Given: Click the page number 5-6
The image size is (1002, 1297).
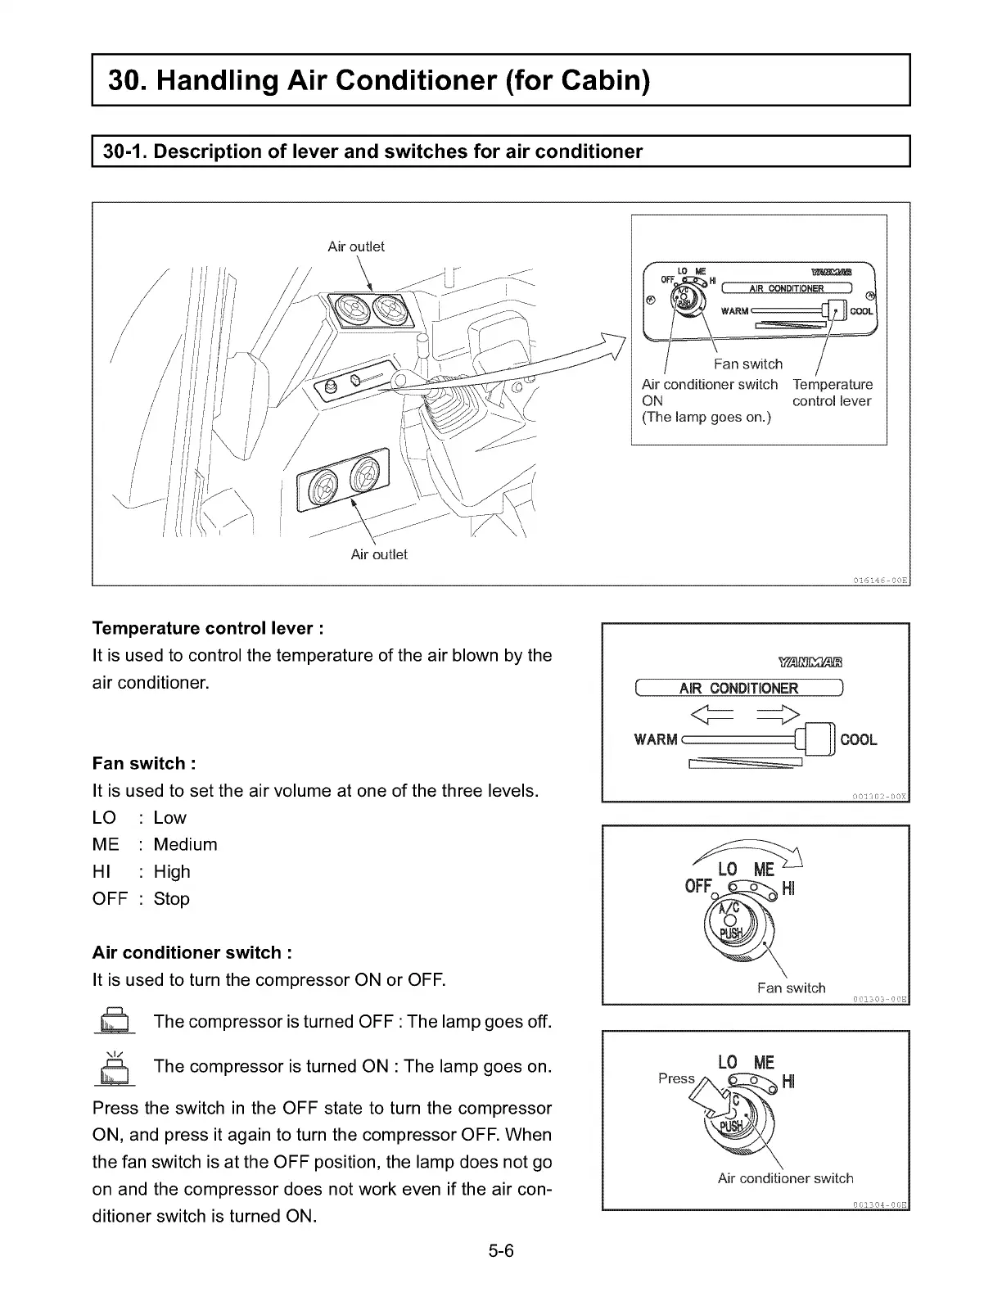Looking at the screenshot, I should [x=501, y=1251].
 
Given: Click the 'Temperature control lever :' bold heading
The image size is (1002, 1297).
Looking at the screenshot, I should [x=208, y=628].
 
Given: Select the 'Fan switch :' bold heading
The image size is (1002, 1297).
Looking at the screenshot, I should [x=144, y=763].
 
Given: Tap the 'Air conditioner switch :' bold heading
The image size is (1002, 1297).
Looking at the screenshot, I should [x=192, y=952].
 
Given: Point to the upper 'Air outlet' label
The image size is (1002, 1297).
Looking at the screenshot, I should [x=355, y=246].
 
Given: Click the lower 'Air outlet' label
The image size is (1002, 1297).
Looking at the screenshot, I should [x=379, y=554].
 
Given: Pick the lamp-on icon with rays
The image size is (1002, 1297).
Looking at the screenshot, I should [x=115, y=1068].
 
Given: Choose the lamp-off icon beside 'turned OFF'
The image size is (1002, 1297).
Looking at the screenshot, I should [x=115, y=1022].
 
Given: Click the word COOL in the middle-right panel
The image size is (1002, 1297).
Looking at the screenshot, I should [x=859, y=739].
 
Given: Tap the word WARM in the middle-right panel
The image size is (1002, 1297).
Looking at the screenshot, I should [x=656, y=739].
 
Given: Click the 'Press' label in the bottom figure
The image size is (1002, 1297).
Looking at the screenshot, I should [x=676, y=1078].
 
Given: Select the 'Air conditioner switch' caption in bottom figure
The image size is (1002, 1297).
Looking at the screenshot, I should [x=785, y=1178].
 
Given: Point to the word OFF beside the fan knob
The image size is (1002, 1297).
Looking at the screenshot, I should [x=697, y=887].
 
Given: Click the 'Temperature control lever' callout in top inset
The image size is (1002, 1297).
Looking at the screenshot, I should [x=832, y=393].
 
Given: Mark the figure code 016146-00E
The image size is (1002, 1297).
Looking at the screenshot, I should [x=880, y=581].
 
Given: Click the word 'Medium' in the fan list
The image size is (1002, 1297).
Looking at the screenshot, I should [x=186, y=844].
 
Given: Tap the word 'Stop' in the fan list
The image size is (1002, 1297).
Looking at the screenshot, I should [x=172, y=898].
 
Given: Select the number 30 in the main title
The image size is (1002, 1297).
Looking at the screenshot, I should [x=126, y=80].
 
